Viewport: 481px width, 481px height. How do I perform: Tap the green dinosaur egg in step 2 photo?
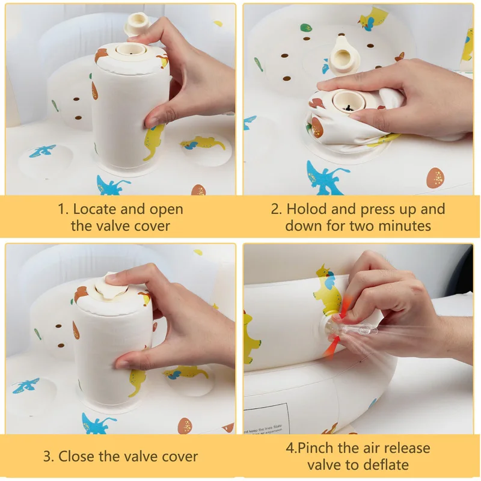pos(306,28)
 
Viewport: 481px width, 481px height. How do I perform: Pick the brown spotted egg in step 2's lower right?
pos(435,177)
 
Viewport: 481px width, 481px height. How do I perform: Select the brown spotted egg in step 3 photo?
pos(185,426)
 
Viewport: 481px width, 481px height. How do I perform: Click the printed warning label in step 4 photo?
pos(266,419)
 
